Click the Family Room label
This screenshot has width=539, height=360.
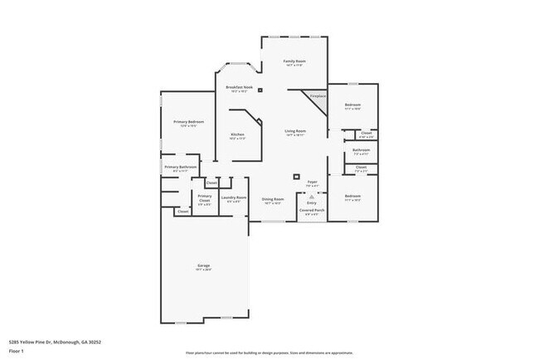pos(294,61)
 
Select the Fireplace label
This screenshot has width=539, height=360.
pos(318,97)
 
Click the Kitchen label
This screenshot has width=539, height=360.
pos(237,134)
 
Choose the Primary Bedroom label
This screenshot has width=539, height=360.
pos(189,122)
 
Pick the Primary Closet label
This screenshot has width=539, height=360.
pos(204,198)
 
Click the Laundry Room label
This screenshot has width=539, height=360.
pos(234,197)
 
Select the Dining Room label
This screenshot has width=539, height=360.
pos(274,199)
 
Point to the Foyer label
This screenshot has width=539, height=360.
pos(313,182)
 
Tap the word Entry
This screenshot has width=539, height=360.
pos(312,202)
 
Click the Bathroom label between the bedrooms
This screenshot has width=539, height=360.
pos(361,150)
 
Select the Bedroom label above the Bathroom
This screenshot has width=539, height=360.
pos(352,105)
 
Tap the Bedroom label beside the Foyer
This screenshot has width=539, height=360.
pos(352,196)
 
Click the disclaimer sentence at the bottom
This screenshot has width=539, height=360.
pos(269,353)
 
